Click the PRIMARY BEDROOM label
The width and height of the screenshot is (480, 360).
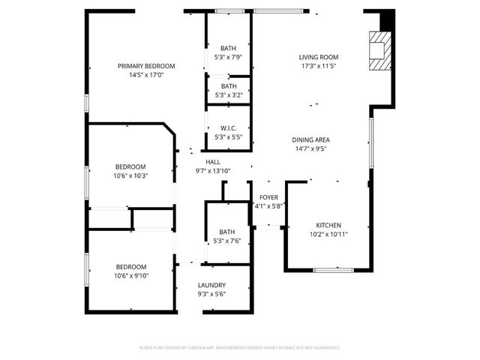coord(146,66)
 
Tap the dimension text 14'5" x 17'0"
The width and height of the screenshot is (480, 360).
coord(146,75)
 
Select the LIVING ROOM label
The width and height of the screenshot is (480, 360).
coord(319,57)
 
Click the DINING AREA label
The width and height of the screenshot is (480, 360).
coord(311,139)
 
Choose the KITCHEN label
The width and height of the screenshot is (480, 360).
coord(328,225)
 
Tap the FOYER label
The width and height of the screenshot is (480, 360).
coord(268,197)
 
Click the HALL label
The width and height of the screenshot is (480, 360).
coord(213,162)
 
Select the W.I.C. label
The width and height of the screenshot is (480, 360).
coord(228,128)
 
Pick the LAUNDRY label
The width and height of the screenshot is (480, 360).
coord(212,285)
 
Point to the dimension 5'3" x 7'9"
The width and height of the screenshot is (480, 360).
coord(228,57)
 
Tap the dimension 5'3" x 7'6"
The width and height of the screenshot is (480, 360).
coord(228,241)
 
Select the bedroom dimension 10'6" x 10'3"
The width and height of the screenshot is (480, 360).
coord(130,175)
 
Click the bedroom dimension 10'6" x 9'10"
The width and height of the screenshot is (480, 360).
coord(130,275)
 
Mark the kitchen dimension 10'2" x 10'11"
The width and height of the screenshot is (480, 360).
coord(328,234)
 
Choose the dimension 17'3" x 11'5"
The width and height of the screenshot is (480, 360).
coord(319,66)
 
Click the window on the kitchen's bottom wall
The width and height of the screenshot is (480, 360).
coord(334,269)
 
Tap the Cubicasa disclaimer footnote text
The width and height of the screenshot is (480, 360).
coord(240,347)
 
